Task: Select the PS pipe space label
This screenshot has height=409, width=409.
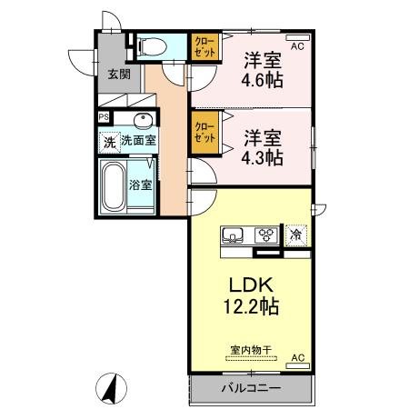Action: [x=104, y=118]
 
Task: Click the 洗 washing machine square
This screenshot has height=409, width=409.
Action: [x=108, y=142]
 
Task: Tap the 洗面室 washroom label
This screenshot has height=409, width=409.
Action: [x=139, y=142]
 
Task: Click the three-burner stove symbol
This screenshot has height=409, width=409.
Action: [x=267, y=234]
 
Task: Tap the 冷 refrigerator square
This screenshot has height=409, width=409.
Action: [x=295, y=234]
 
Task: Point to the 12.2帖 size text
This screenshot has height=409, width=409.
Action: [x=250, y=308]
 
